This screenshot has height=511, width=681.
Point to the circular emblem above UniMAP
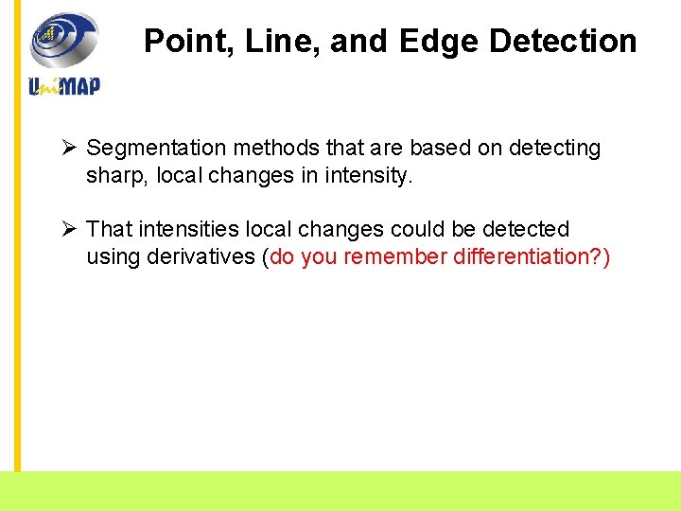click(x=63, y=40)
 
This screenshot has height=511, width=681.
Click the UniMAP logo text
click(x=64, y=86)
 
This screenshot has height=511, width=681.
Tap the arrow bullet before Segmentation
click(x=68, y=148)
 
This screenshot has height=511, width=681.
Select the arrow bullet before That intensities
click(x=68, y=229)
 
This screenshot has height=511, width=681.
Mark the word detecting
click(x=554, y=149)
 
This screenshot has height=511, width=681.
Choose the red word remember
click(x=396, y=257)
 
